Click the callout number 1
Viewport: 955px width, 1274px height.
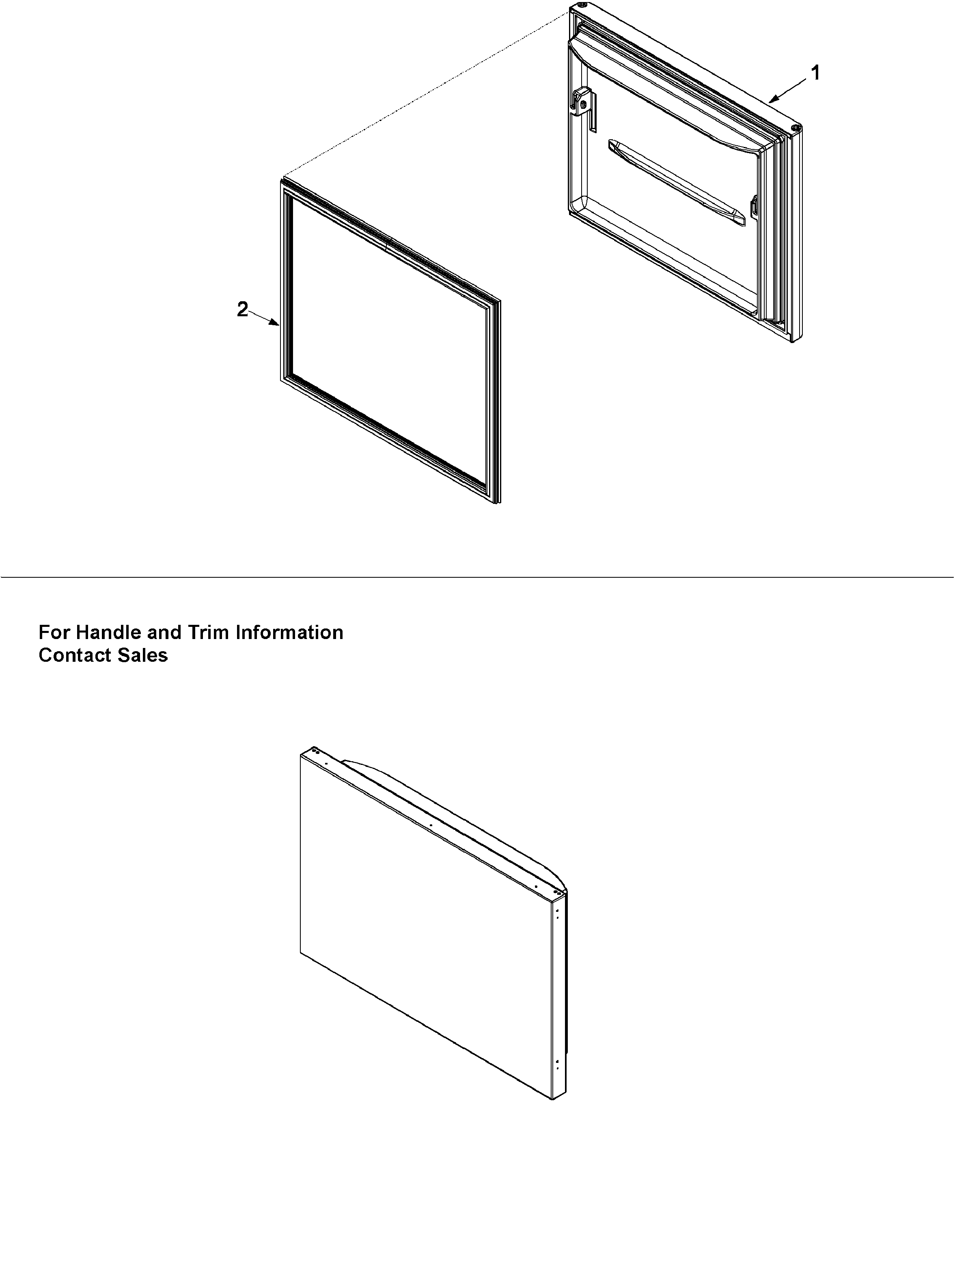point(815,73)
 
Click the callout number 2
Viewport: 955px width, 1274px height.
point(242,309)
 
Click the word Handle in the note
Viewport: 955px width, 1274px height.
point(109,633)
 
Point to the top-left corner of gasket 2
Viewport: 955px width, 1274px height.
point(282,182)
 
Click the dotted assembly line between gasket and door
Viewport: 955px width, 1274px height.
point(426,95)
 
